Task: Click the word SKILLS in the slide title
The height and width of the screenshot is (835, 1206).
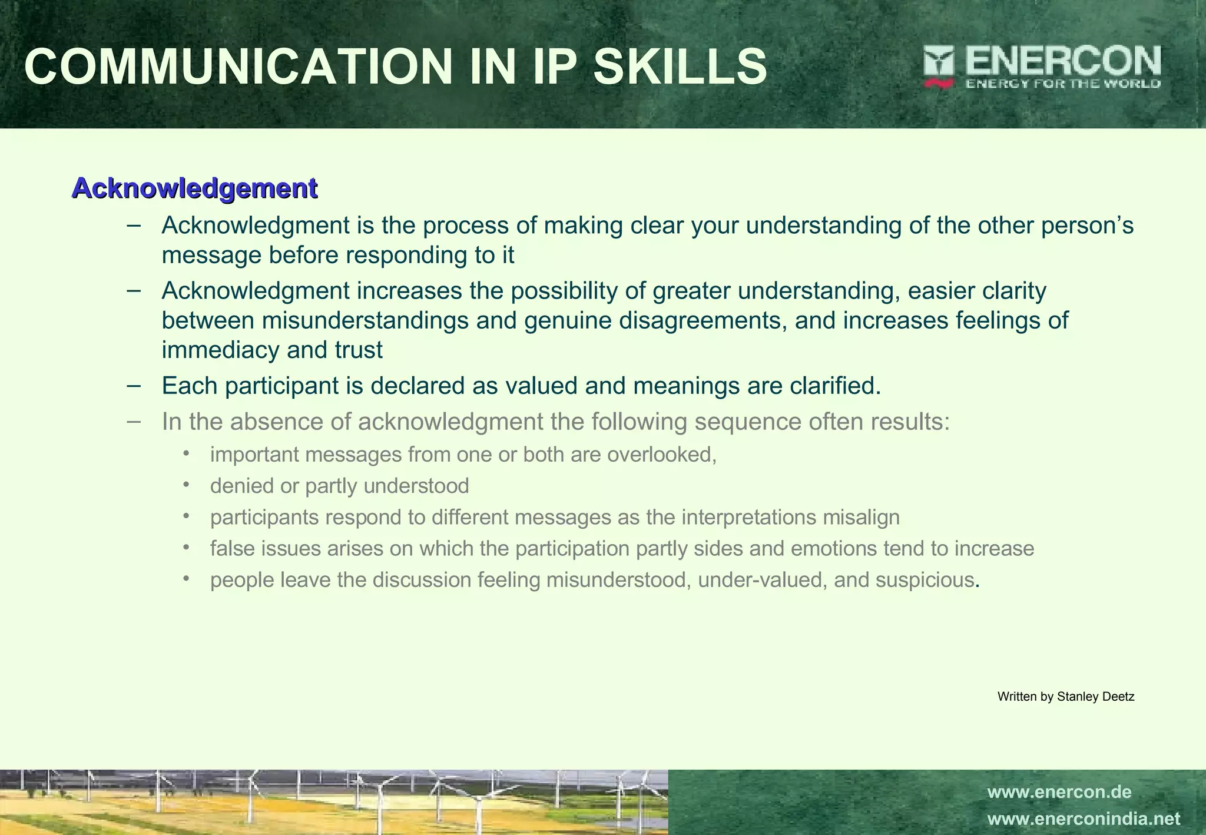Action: [680, 67]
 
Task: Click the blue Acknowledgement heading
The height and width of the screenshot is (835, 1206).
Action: [194, 188]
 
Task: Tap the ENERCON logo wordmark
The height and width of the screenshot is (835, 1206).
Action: [1063, 61]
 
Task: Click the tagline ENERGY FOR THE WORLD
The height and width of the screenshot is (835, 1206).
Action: [1063, 84]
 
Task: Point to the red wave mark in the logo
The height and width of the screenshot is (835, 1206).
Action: [939, 84]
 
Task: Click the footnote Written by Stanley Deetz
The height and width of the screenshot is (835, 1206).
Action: [1066, 697]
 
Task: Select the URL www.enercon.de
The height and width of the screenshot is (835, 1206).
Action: [1059, 792]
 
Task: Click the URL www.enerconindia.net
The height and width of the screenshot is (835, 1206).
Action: [1084, 819]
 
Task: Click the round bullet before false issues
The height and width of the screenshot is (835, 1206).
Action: [187, 548]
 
